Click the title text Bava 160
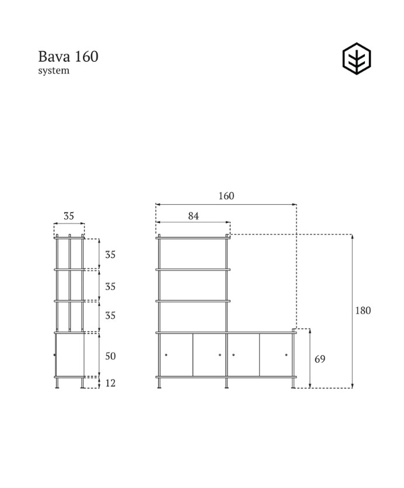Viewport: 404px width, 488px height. pos(68,57)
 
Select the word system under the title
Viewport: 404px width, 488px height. pos(54,71)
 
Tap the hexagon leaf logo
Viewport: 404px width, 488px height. pos(356,60)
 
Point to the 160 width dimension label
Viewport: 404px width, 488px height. pos(227,196)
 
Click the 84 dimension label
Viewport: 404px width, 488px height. pos(193,216)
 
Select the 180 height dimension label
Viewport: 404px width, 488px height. pos(363,311)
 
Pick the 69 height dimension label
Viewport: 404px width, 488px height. pos(319,359)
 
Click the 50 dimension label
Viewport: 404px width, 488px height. pos(110,356)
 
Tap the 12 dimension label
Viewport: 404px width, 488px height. pos(110,383)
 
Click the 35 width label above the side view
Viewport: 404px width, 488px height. pos(69,216)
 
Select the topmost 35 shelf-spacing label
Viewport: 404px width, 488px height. pos(110,255)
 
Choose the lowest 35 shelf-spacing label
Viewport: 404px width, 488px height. pos(110,316)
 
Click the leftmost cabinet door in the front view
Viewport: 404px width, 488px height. pos(176,354)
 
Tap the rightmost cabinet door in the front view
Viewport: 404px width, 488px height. pos(276,354)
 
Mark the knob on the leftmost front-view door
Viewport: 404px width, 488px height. pos(166,355)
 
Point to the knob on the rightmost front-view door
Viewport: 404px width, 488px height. pos(287,355)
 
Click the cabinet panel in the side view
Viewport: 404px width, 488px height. pos(69,354)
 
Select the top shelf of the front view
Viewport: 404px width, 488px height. pos(193,238)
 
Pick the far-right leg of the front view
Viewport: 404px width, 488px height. pos(293,382)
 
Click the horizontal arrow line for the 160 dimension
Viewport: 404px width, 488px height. pos(227,205)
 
